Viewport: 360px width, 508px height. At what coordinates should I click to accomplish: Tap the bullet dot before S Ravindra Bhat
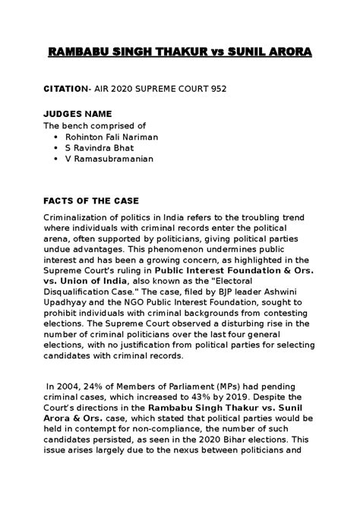click(59, 147)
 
